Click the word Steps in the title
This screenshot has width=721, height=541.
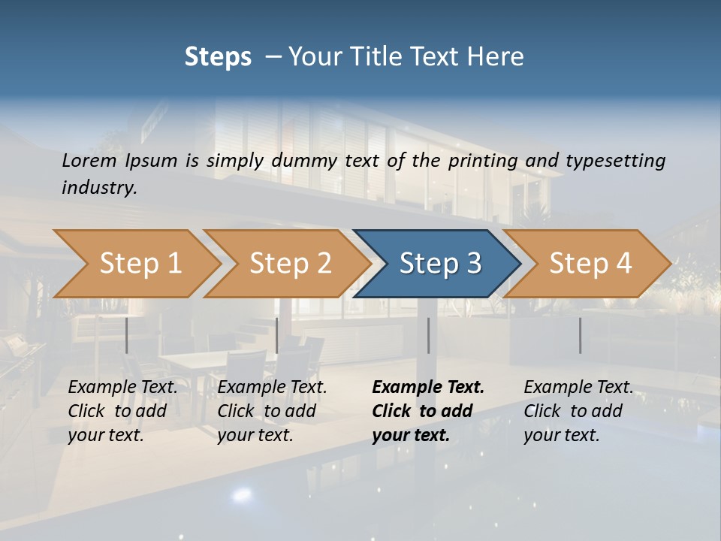coord(218,56)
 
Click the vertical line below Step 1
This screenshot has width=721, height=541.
coord(127,335)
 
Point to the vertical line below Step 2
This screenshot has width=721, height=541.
coord(277,335)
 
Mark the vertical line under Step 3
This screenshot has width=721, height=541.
coord(428,335)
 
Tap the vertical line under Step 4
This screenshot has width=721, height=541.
coord(580,335)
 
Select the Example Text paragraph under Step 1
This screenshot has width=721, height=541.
coord(122,411)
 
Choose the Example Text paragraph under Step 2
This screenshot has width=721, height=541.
coord(272,411)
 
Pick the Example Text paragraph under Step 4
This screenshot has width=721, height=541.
coord(578,411)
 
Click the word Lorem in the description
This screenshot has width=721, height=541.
coord(89,161)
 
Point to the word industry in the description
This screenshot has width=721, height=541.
coord(98,187)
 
